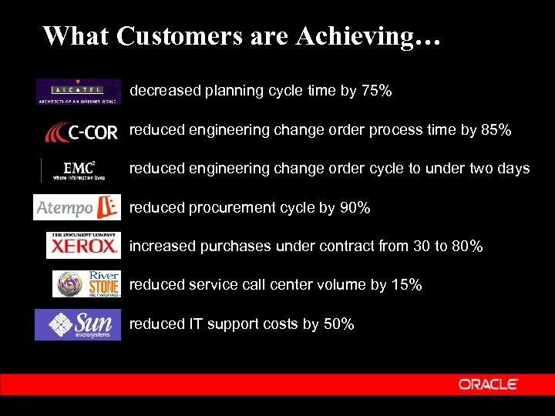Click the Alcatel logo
click(x=78, y=92)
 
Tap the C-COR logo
click(x=81, y=132)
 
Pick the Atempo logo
click(x=77, y=207)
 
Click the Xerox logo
click(x=83, y=245)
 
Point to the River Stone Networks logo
click(x=87, y=283)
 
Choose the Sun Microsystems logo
click(x=78, y=324)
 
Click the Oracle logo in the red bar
click(x=488, y=384)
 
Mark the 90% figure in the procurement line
click(x=355, y=208)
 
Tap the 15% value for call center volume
click(x=406, y=285)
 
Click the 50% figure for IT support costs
click(x=339, y=324)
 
